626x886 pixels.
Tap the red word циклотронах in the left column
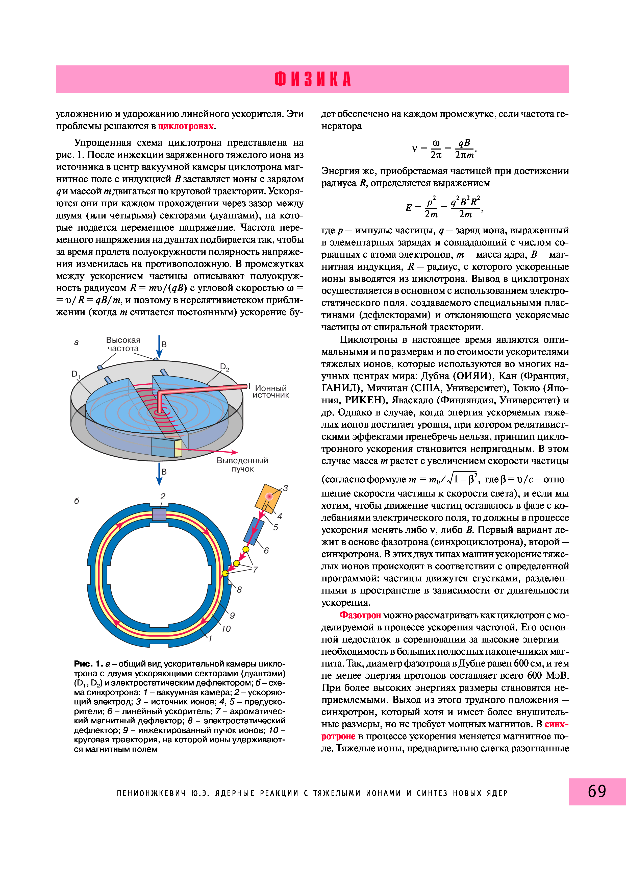pyautogui.click(x=186, y=126)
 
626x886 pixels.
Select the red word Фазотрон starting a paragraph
pyautogui.click(x=360, y=615)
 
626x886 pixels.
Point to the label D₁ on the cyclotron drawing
pyautogui.click(x=76, y=374)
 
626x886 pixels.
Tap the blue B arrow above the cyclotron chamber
pyautogui.click(x=159, y=346)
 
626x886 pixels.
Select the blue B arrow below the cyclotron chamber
pyautogui.click(x=159, y=474)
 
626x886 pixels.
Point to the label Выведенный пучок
pyautogui.click(x=242, y=465)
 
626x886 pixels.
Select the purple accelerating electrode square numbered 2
pyautogui.click(x=159, y=514)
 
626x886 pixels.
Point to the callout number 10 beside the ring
pyautogui.click(x=226, y=629)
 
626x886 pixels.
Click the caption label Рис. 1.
pyautogui.click(x=88, y=664)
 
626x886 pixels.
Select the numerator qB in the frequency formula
pyautogui.click(x=464, y=143)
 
